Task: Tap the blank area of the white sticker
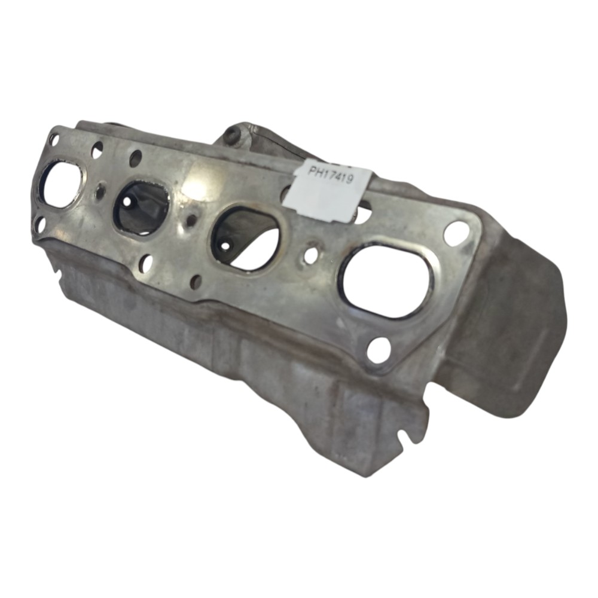(328, 202)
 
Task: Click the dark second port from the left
(141, 208)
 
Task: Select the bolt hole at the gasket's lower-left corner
(39, 225)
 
